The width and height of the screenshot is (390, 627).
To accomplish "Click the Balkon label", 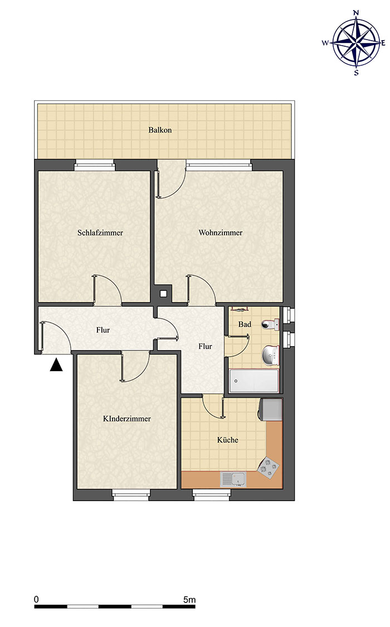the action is coord(160,130).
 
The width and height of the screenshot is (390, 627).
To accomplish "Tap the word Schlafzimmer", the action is coord(100,233).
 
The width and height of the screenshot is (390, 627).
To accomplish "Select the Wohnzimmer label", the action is coord(221,233).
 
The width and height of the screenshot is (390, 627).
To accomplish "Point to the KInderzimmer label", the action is coord(126,419).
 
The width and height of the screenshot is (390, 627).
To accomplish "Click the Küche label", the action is coord(228,440).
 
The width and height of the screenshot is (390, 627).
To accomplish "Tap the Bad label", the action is coord(245,324).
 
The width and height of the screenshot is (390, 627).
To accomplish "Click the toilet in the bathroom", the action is coord(271,324).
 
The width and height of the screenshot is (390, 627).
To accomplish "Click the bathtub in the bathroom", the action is coord(254,381).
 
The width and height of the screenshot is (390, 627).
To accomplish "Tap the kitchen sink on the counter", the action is coord(233,479).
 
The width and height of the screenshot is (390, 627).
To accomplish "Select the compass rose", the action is coord(356,42).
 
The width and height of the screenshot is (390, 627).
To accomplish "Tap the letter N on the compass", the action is coord(356,13).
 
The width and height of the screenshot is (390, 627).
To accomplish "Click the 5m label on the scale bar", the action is coord(189,599).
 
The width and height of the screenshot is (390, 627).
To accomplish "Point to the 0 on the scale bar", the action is coord(36,599).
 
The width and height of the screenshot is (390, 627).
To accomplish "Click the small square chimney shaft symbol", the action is coord(163,294).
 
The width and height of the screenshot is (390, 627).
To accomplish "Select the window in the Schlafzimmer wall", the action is coord(95,165).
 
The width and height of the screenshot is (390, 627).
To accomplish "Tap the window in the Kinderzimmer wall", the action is coord(131,495).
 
